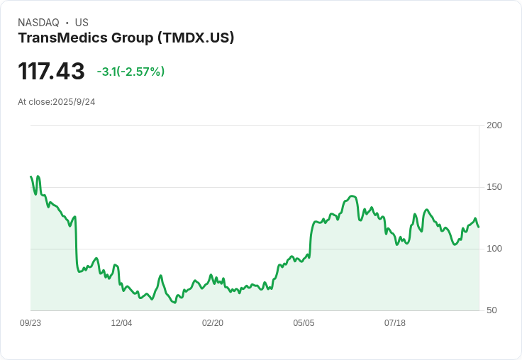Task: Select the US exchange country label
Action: tap(82, 23)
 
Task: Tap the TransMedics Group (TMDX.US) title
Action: tap(126, 38)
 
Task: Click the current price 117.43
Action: tap(51, 72)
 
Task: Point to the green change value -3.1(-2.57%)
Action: tap(130, 72)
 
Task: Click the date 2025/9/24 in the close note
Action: tap(74, 102)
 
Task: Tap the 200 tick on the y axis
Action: tap(494, 125)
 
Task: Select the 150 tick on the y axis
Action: tap(494, 187)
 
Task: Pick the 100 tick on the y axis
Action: tap(494, 249)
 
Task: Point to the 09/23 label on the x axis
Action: tap(30, 323)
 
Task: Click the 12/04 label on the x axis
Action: tap(121, 323)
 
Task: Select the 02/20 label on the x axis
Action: tap(213, 323)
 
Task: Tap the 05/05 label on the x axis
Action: tap(304, 323)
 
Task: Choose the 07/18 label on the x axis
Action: tap(395, 323)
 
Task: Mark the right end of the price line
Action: tap(479, 227)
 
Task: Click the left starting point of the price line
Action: tap(30, 176)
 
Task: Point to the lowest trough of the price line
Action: tap(174, 303)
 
